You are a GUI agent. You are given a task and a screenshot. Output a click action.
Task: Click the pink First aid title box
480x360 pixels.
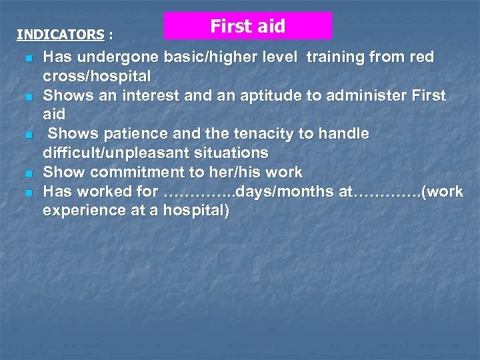pos(248,26)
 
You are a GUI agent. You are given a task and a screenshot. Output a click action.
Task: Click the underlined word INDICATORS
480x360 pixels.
pos(61,34)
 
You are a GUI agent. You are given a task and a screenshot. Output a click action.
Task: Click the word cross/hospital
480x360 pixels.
pos(97,76)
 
